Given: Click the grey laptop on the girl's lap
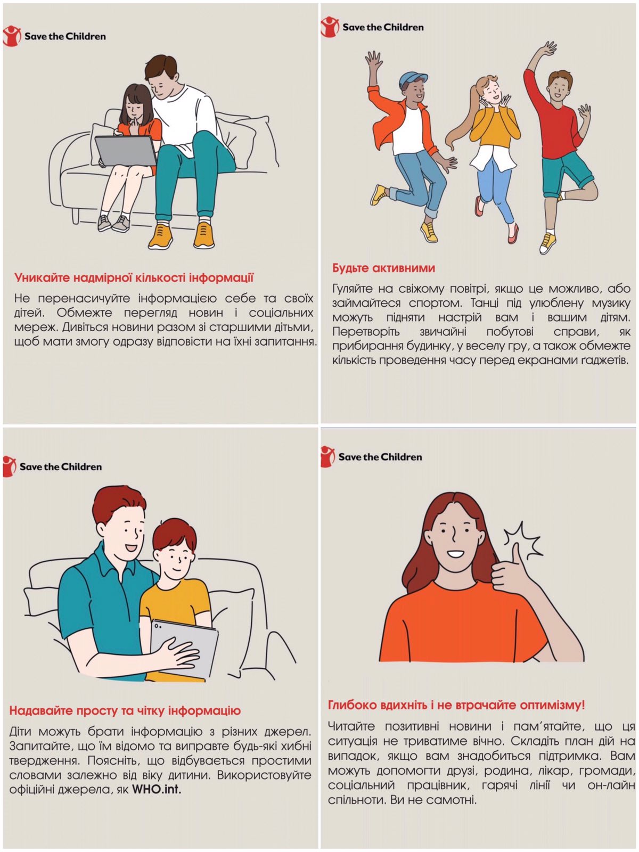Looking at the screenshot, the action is [126, 151].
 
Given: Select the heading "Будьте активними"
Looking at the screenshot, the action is [383, 268].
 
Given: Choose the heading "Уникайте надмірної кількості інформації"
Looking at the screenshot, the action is [134, 277].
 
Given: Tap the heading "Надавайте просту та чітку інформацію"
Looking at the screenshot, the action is [125, 711].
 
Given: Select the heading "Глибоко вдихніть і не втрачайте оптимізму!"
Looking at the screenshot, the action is [456, 705].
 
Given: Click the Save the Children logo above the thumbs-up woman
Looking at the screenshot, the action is [371, 456].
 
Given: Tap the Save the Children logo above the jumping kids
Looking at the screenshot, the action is [372, 27].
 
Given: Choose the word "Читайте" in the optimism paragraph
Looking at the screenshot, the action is [351, 726].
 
